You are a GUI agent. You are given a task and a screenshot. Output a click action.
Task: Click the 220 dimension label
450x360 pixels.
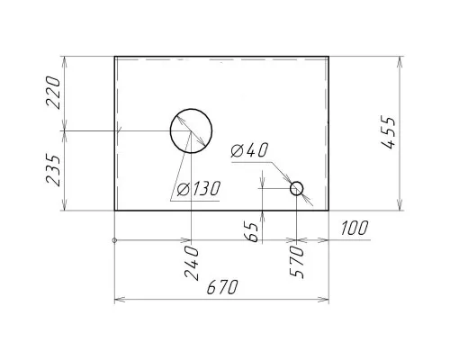[x=53, y=93]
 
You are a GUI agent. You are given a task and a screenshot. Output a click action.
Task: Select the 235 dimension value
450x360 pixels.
[x=53, y=170]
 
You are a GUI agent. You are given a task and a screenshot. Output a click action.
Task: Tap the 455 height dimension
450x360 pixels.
[x=389, y=132]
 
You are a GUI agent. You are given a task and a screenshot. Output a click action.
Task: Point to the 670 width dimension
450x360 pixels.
[x=222, y=287]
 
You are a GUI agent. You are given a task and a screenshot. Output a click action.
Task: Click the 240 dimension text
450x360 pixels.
[x=192, y=263]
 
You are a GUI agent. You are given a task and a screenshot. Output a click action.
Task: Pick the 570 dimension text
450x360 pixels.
[x=296, y=262]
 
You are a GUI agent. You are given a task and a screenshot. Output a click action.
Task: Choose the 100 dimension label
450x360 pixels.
[x=354, y=228]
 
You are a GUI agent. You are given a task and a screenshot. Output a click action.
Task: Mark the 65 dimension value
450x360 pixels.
[x=251, y=232]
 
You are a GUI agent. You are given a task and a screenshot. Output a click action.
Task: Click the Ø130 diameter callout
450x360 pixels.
[x=199, y=189]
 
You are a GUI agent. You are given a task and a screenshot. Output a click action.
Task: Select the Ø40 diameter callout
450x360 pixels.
[x=249, y=150]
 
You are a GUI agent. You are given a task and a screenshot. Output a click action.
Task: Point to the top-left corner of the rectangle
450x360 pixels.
[x=115, y=57]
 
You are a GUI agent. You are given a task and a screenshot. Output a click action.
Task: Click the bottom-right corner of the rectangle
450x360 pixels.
[x=328, y=211]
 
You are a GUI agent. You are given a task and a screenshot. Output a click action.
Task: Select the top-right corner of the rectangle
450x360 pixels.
[x=328, y=57]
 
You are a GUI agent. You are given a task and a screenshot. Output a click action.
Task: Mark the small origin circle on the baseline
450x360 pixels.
[x=114, y=240]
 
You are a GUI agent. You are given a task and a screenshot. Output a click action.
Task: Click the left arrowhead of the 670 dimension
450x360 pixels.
[x=120, y=300]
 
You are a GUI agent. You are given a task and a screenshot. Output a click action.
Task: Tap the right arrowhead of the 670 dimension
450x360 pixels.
[x=323, y=300]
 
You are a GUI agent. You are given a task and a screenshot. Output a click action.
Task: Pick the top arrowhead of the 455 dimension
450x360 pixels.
[x=399, y=62]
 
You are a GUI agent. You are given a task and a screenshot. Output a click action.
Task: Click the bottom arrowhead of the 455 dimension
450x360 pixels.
[x=399, y=205]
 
